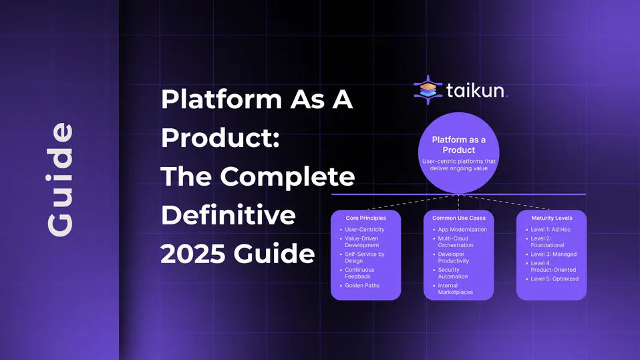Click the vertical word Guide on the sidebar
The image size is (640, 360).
point(59,179)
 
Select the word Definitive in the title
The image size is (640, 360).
point(228,215)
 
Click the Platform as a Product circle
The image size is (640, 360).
point(458,153)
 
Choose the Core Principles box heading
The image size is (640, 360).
point(365,218)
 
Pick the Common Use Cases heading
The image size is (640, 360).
point(458,218)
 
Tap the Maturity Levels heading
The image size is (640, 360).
point(551,218)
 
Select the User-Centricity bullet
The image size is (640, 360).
point(364,230)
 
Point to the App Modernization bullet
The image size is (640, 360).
point(462,230)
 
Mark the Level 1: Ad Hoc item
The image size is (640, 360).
point(550,230)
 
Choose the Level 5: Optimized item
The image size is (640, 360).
point(554,279)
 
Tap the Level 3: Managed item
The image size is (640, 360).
point(553,254)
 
